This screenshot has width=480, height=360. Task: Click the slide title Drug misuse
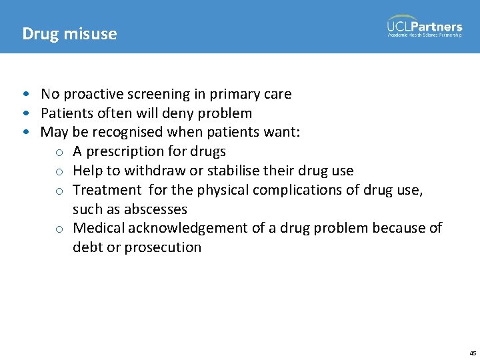pyautogui.click(x=69, y=33)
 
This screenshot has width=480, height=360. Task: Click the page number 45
pyautogui.click(x=473, y=353)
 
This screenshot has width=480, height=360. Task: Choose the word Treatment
pyautogui.click(x=107, y=190)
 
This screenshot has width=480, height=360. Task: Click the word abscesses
pyautogui.click(x=155, y=209)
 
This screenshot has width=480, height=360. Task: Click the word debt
pyautogui.click(x=87, y=247)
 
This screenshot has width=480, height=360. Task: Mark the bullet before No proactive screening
pyautogui.click(x=25, y=94)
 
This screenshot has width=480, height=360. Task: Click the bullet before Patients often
pyautogui.click(x=25, y=113)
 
